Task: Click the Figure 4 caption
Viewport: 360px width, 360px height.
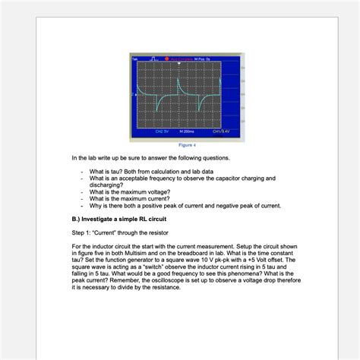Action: click(x=186, y=144)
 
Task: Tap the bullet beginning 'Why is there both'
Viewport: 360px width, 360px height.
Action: click(x=185, y=205)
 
